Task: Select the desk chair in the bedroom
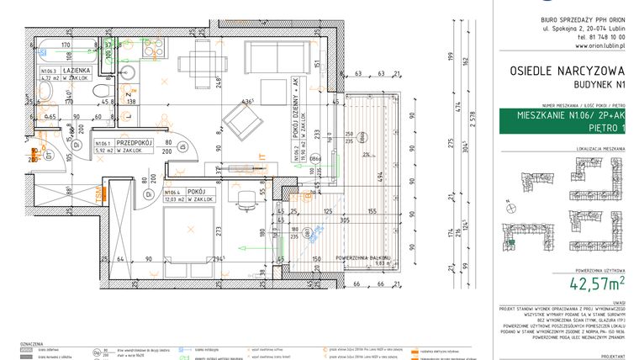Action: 246,200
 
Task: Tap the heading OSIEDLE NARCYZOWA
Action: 559,71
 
